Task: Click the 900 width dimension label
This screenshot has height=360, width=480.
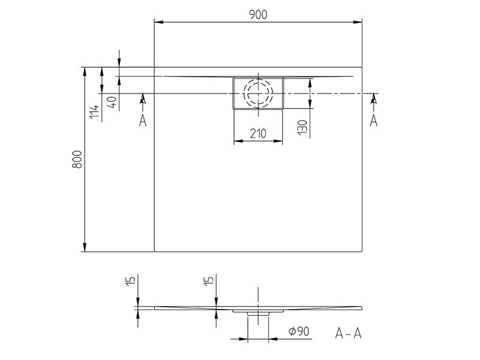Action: click(258, 14)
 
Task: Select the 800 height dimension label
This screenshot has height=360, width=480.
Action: click(77, 159)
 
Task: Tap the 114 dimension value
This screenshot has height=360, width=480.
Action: click(95, 112)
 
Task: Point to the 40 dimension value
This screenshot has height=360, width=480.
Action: click(112, 101)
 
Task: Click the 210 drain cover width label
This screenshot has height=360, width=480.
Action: click(258, 133)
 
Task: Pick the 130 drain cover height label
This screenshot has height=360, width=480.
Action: click(302, 127)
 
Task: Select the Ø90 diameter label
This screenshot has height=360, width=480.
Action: click(299, 331)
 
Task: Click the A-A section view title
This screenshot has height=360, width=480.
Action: click(349, 334)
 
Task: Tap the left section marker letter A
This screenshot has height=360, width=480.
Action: click(143, 121)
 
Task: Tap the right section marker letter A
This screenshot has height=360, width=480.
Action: click(373, 121)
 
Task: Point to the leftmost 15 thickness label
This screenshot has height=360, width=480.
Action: click(130, 281)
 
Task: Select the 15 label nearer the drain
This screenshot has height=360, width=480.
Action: click(208, 281)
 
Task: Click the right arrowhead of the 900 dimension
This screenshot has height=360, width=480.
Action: click(358, 22)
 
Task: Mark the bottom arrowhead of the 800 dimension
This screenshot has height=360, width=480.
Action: click(85, 247)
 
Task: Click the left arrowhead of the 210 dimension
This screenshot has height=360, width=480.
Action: click(238, 141)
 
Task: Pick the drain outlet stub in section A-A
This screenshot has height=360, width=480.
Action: click(258, 314)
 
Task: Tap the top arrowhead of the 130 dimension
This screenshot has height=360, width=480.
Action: click(310, 83)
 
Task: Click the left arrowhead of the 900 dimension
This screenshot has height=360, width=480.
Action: click(159, 22)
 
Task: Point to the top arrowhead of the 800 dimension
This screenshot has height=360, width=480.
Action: click(85, 72)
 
